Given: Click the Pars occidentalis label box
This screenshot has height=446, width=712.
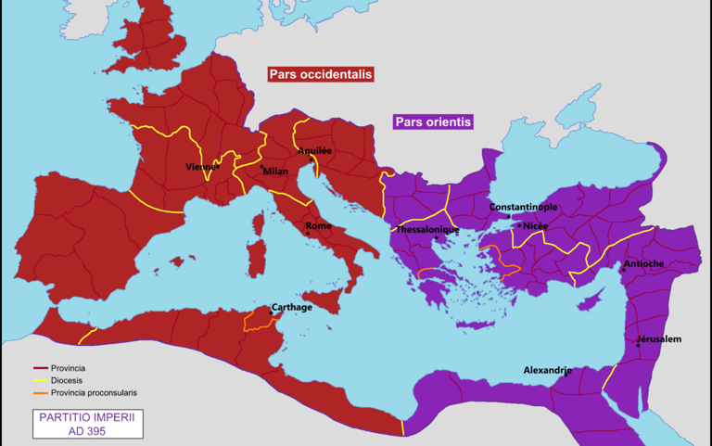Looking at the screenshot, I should tap(321, 74).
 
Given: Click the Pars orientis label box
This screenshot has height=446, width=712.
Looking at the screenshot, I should tap(434, 121).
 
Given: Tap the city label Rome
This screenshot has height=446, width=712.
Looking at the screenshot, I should tap(318, 226).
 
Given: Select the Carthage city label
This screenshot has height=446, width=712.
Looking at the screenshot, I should tap(291, 307).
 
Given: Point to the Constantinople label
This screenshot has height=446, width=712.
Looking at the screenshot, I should tap(523, 207).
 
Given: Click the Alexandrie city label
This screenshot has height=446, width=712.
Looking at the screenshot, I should tap(547, 370).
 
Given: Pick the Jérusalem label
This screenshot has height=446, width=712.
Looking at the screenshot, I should tap(659, 338).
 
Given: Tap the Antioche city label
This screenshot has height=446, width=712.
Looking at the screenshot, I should tap(643, 263).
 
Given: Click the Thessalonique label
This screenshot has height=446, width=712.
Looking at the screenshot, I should tap(427, 229).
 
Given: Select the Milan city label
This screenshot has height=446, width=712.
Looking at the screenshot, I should tap(275, 172).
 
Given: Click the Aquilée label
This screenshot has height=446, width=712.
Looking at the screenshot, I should tap(314, 150).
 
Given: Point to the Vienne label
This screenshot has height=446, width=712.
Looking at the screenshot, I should tap(201, 167).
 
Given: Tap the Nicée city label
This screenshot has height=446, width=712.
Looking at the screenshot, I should tap(536, 225).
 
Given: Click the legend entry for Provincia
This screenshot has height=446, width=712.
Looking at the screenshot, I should tap(70, 368).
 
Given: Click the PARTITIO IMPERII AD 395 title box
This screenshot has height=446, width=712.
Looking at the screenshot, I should tap(86, 424).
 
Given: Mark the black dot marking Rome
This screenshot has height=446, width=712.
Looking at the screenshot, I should tap(308, 234).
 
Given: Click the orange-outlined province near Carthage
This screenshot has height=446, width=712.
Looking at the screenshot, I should tap(260, 321).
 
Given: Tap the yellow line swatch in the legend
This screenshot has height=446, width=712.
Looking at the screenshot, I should tap(41, 380).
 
